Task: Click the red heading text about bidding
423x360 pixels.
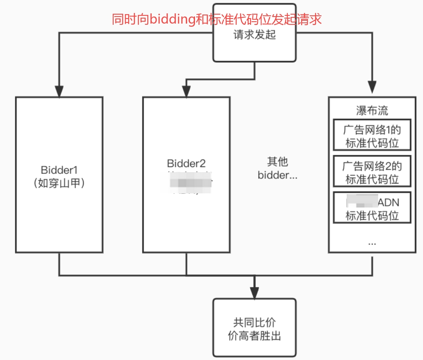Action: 217,19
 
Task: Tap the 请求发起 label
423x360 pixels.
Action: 254,35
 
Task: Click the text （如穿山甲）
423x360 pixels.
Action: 59,183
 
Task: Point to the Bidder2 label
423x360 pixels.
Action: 186,163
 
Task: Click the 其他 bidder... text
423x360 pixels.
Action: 278,169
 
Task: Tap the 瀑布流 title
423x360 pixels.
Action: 372,111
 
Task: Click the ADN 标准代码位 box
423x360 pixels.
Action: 372,208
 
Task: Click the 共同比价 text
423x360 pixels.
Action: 254,323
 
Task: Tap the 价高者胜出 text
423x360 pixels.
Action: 254,336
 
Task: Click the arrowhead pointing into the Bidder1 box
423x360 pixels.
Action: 59,92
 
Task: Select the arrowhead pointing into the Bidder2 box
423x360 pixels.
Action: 186,92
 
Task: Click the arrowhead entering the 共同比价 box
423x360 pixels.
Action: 254,293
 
